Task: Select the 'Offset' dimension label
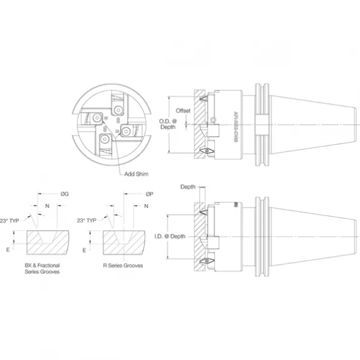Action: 183,111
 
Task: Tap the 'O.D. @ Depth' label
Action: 168,125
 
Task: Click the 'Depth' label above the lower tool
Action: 188,186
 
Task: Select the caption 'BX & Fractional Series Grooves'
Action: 46,269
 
